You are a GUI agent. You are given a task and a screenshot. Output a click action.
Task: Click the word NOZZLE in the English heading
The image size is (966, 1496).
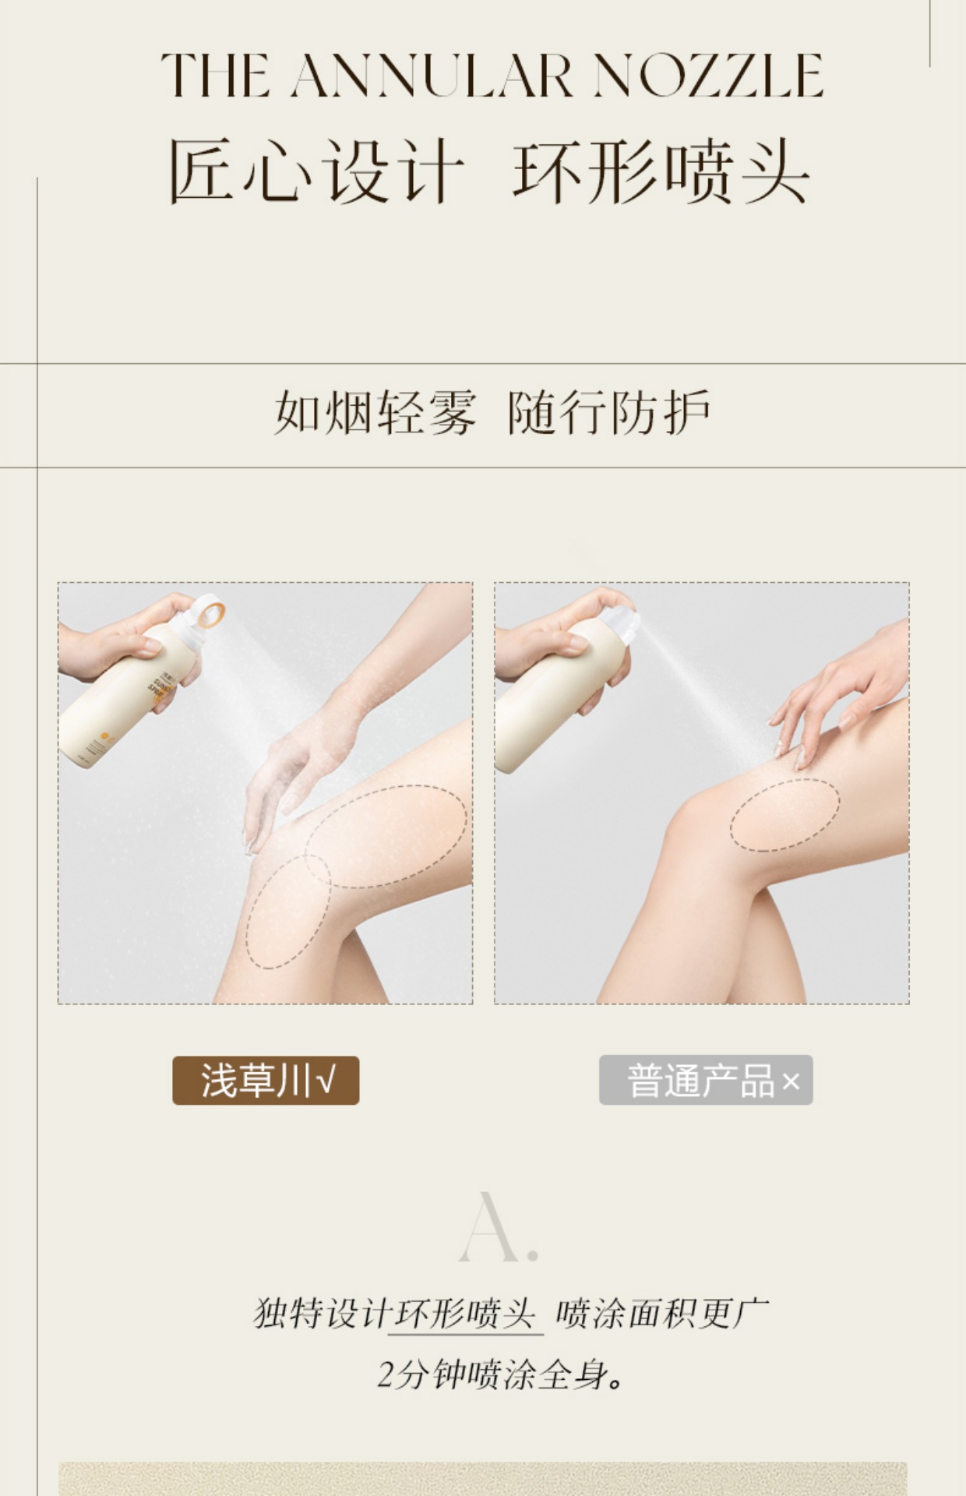tap(708, 76)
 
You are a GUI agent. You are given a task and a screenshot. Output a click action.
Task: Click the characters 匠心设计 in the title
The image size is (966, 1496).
tap(316, 171)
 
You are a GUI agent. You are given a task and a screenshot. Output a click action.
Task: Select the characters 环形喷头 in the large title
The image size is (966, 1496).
tap(661, 171)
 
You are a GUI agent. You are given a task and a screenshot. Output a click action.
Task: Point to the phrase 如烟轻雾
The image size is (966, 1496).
tap(375, 412)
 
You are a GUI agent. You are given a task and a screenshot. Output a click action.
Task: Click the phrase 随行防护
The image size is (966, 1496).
tap(609, 412)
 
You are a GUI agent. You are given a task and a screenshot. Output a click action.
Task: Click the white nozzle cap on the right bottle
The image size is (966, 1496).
tap(619, 616)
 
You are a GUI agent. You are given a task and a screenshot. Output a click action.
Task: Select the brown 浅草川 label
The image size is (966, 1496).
tap(266, 1080)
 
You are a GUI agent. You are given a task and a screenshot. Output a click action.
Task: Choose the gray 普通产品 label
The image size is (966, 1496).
tap(706, 1080)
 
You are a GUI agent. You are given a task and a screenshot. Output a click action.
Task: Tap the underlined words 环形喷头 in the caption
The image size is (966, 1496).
tap(466, 1314)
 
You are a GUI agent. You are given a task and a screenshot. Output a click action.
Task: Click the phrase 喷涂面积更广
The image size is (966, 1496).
tap(662, 1314)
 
